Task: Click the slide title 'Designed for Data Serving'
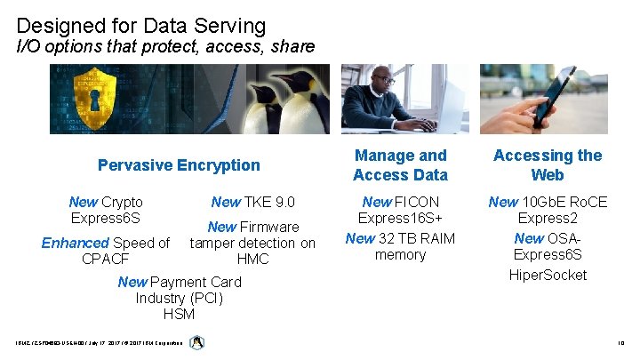[x=141, y=25]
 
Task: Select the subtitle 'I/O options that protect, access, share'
[x=166, y=46]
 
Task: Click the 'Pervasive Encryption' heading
[x=179, y=164]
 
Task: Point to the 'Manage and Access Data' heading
[x=400, y=165]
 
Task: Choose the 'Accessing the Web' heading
[x=547, y=165]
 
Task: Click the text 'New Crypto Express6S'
[x=106, y=211]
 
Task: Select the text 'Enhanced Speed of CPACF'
[x=106, y=251]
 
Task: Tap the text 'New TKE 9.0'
[x=252, y=202]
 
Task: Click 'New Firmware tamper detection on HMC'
[x=252, y=243]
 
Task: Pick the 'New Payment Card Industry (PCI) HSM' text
[x=179, y=298]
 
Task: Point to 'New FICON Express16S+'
[x=400, y=211]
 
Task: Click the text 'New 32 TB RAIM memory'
[x=400, y=246]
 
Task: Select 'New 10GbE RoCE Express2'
[x=548, y=211]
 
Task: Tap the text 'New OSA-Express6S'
[x=548, y=247]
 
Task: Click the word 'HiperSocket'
[x=548, y=275]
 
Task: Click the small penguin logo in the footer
[x=197, y=342]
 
